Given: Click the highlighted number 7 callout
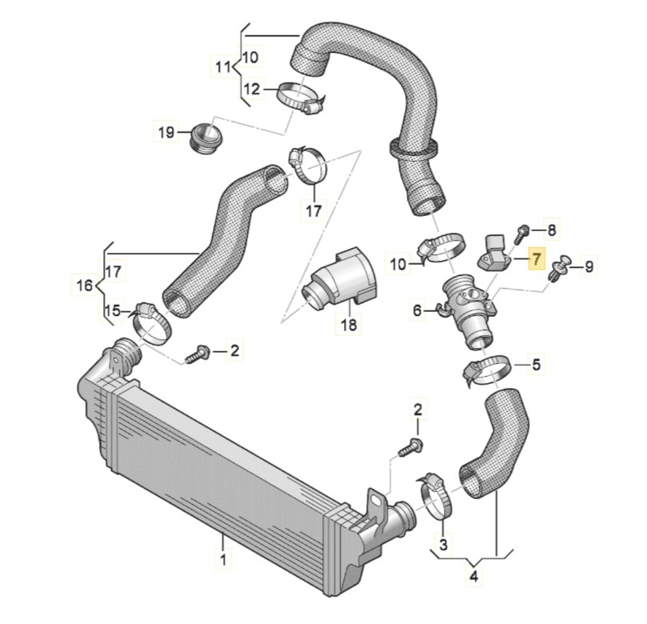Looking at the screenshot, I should [x=537, y=259].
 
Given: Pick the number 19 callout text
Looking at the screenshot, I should [x=166, y=132].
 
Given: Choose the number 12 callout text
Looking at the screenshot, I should [x=251, y=89].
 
